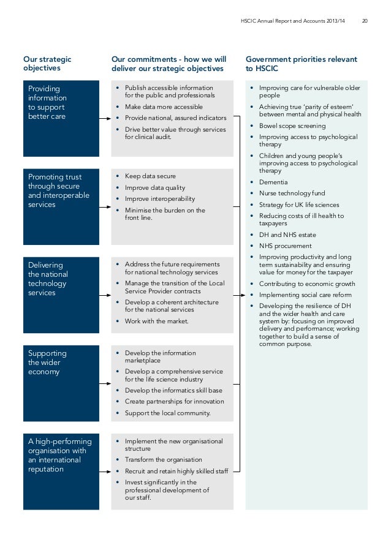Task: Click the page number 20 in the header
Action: [365, 22]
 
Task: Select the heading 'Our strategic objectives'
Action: [47, 64]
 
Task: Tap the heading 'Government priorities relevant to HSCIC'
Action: [301, 64]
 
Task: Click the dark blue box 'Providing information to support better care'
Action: [61, 118]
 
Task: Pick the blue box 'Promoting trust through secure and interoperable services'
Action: [61, 206]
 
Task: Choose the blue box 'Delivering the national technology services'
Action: [61, 295]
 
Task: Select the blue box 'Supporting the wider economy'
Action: [61, 383]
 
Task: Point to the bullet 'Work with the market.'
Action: [156, 322]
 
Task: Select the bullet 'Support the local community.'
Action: [167, 413]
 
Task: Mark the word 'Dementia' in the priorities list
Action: [273, 182]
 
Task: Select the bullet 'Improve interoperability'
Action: [160, 199]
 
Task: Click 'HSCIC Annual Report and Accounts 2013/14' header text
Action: [292, 22]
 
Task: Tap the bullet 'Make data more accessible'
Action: [163, 107]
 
